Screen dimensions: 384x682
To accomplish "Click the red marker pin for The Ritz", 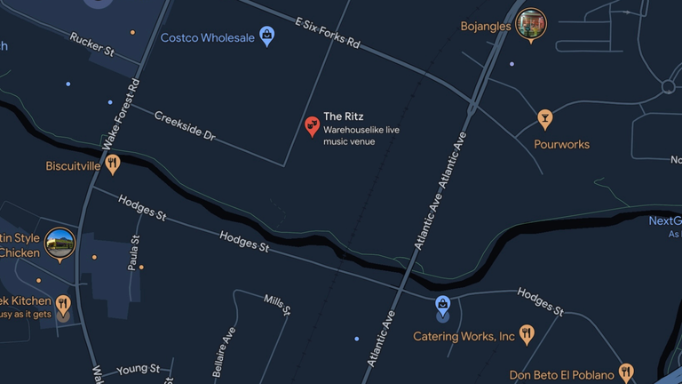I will pos(312,126).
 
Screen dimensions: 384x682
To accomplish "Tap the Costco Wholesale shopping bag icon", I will pos(266,36).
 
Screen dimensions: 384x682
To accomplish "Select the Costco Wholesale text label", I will pos(207,38).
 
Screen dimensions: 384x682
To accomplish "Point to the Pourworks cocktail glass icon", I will pos(544,117).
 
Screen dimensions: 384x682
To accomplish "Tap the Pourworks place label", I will pos(561,144).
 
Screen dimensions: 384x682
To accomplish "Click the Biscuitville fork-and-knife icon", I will pos(112,164).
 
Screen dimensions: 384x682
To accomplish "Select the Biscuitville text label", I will pos(73,165).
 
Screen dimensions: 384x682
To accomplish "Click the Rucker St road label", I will pos(92,44).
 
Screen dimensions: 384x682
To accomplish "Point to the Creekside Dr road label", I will pos(185,125).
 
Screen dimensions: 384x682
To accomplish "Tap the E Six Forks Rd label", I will pos(328,31).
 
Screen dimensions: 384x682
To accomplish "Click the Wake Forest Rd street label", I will pos(121,114).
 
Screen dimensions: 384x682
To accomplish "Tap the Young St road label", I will pos(138,368).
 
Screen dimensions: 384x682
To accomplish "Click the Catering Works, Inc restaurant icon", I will pos(527,335).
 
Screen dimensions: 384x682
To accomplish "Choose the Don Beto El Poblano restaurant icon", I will pos(626,372).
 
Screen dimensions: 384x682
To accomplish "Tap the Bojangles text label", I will pos(486,27).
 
